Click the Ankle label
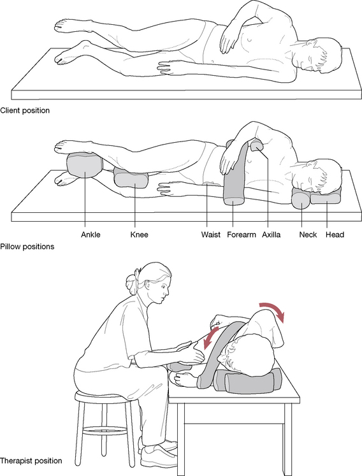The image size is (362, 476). pos(90,234)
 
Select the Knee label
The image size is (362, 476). pos(140,234)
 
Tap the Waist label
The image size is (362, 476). pos(211,234)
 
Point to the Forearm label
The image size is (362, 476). pos(242,234)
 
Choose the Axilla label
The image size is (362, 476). pos(271,234)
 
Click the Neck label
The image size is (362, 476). pos(308,234)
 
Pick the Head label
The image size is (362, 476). pos(335,234)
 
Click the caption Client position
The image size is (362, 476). pos(25,110)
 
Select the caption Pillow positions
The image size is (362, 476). pos(27,247)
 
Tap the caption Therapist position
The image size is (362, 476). pos(31,461)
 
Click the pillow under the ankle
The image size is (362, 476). pos(85,166)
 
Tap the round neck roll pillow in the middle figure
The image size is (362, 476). pos(301,199)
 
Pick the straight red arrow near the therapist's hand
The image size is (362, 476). pos(212,338)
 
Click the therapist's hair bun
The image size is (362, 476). pos(133,284)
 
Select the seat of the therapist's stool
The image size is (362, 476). pos(105,396)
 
